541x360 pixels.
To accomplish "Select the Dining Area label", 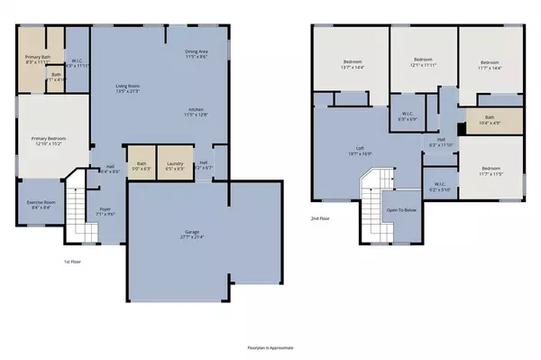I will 197,54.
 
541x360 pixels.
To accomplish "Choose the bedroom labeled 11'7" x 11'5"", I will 491,171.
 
